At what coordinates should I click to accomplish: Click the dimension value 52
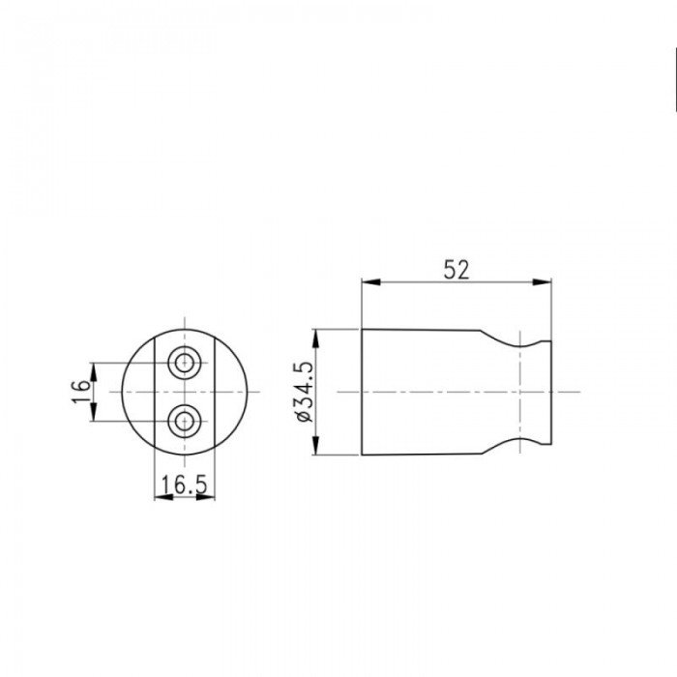point(456,270)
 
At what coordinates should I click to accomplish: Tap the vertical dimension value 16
point(82,391)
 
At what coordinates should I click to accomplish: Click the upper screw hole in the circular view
point(184,364)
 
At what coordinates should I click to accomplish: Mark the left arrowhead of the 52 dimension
point(368,283)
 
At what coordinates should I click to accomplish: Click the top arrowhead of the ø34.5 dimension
point(316,336)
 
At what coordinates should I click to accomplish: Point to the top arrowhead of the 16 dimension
point(94,368)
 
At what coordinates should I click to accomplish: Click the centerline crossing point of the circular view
point(184,392)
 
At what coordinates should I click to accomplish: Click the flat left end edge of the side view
point(362,392)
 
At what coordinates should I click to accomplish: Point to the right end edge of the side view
point(550,392)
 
